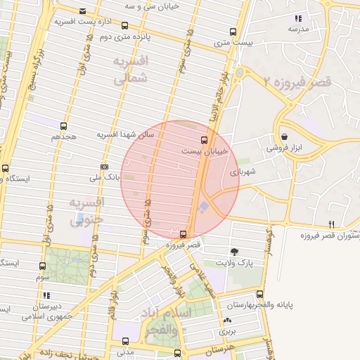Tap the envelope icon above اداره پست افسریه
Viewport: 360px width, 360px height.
click(83, 11)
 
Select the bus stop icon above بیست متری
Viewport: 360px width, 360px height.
click(233, 32)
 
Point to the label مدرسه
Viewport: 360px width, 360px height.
click(298, 30)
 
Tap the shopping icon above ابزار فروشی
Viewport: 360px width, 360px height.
click(284, 136)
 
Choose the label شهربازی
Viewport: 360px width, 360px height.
click(243, 171)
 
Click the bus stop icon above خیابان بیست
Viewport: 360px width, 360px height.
click(204, 139)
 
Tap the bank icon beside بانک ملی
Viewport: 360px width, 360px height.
click(105, 167)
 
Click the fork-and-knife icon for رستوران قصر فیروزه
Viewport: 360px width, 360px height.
click(331, 224)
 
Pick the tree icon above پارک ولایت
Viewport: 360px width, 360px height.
click(233, 251)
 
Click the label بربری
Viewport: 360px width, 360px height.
click(226, 330)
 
